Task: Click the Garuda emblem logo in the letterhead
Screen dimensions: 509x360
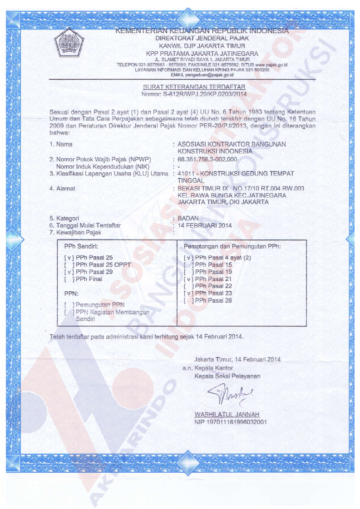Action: coord(69,42)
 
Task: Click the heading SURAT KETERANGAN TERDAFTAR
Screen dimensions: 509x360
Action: coord(194,87)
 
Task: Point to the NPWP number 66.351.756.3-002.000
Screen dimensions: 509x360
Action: coord(207,159)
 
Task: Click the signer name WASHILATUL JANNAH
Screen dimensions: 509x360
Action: coord(227,414)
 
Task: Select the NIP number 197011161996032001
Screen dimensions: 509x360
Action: coord(230,422)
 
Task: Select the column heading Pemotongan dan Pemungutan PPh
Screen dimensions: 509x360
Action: coord(232,246)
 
